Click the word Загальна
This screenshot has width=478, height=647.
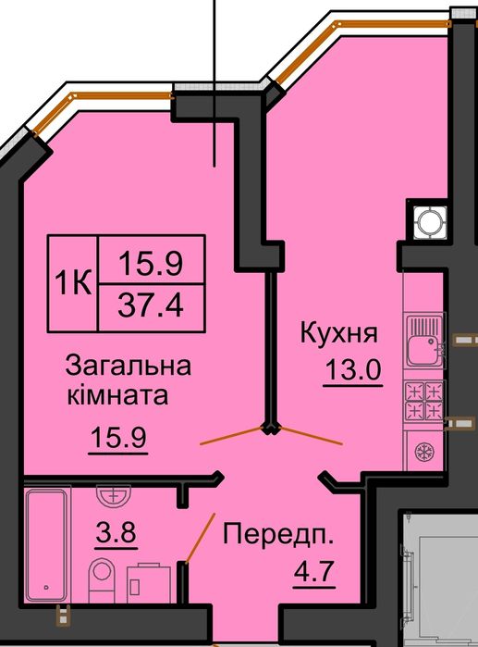(128, 367)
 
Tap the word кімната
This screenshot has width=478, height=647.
(117, 397)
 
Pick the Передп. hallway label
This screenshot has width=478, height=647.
(277, 534)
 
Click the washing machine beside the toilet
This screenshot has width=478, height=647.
(147, 581)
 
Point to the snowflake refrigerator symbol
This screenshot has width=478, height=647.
(423, 454)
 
